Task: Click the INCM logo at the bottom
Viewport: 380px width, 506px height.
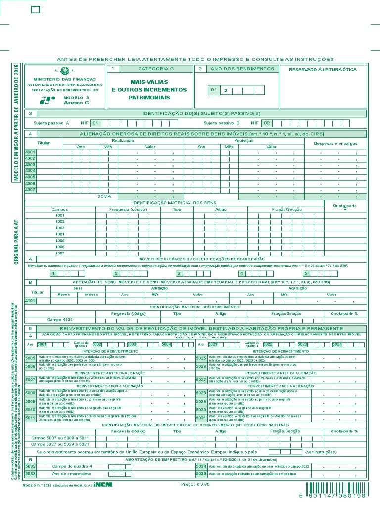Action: coord(103,484)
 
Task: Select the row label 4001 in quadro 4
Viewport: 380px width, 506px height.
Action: coord(30,152)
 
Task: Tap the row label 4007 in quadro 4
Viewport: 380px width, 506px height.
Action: coord(30,190)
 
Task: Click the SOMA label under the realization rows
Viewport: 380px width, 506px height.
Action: coord(104,196)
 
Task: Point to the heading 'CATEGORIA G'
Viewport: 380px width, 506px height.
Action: coord(156,69)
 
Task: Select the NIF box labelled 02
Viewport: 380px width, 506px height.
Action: coord(267,123)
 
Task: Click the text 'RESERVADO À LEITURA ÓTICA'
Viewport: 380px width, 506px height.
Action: coord(323,70)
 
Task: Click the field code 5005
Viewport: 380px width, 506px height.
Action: coord(30,358)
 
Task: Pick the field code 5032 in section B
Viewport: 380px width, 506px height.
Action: coord(30,466)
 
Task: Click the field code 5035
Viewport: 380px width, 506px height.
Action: coord(201,474)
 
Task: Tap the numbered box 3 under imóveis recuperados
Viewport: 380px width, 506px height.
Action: coord(179,273)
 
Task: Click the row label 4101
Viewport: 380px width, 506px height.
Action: coord(30,300)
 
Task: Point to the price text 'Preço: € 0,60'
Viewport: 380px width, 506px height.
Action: coord(195,484)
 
